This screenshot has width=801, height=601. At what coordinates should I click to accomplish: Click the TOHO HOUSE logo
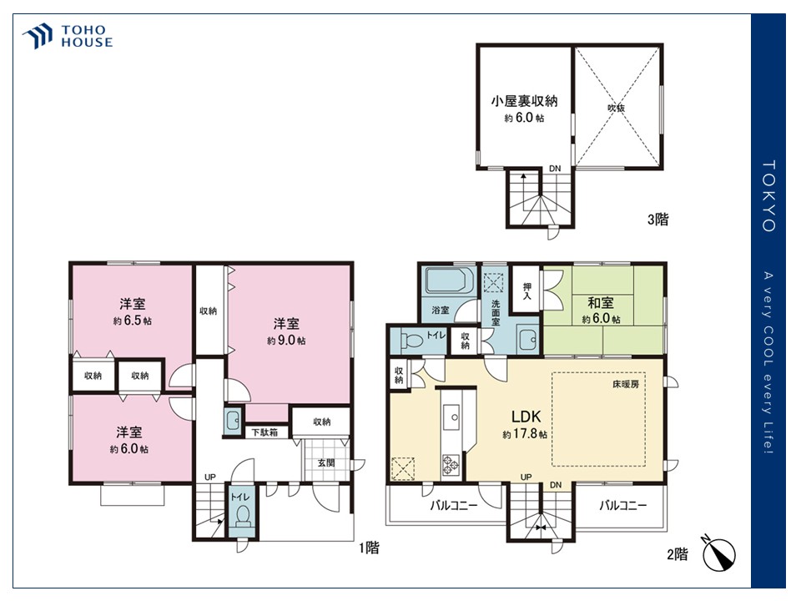[x=67, y=36]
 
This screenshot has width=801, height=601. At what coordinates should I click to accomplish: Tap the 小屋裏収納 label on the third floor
[x=525, y=101]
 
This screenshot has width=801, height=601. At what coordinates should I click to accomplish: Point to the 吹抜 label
[x=616, y=108]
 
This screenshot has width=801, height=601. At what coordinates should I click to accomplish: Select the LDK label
[x=526, y=417]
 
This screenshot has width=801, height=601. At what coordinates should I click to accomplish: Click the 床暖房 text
[x=626, y=384]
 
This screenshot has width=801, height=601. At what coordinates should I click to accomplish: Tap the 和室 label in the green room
[x=601, y=302]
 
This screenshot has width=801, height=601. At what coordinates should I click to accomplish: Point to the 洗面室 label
[x=496, y=312]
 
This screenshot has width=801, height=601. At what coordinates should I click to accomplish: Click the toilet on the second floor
[x=411, y=341]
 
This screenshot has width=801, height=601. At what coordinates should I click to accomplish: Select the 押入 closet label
[x=526, y=291]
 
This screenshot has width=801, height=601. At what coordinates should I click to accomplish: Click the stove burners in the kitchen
[x=451, y=465]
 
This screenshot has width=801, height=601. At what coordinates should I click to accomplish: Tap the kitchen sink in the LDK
[x=451, y=417]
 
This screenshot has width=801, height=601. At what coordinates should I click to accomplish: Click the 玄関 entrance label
[x=326, y=462]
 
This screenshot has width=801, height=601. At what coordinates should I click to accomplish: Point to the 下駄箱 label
[x=264, y=432]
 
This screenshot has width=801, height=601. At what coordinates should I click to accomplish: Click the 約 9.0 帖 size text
[x=286, y=340]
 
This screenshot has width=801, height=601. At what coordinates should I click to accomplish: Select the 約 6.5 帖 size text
[x=133, y=321]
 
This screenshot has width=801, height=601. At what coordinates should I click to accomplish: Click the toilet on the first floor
[x=243, y=515]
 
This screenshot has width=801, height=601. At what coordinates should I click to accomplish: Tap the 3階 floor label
[x=658, y=220]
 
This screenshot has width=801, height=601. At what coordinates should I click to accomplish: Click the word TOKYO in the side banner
[x=768, y=196]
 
